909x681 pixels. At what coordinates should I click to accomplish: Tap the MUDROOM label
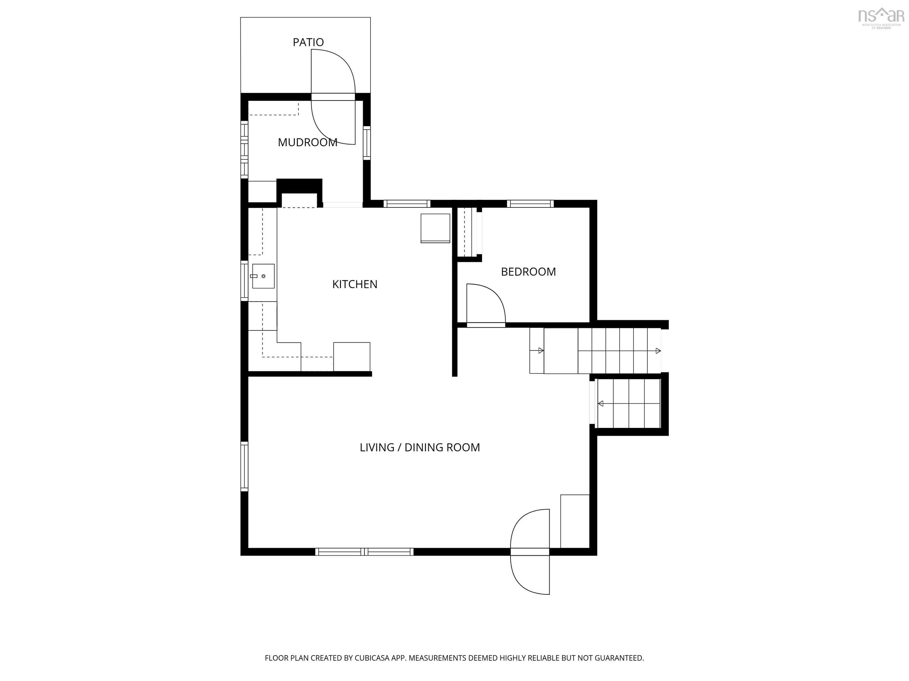307,142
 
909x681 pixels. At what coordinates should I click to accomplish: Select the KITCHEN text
355,284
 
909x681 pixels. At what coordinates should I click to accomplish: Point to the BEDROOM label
528,272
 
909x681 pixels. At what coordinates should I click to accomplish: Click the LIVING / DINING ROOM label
420,447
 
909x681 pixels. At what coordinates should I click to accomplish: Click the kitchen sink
263,276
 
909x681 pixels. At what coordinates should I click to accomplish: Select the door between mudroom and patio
333,97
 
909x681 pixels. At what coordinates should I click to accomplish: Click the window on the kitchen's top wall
407,204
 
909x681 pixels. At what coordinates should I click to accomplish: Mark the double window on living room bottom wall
364,552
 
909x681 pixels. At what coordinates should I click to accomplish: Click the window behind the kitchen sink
244,280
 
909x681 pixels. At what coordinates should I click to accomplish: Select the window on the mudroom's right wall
367,143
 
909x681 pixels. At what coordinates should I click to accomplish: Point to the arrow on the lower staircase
601,403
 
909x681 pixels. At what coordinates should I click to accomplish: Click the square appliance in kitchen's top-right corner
435,228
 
